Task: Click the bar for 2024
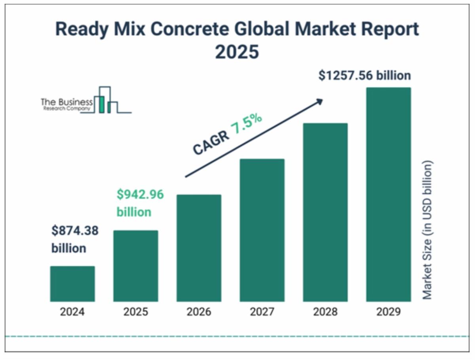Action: tap(72, 284)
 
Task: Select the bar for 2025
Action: tap(135, 266)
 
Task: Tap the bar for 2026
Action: tap(199, 248)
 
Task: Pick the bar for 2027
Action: tap(262, 230)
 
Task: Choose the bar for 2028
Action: tap(325, 212)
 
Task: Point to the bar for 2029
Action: tap(388, 195)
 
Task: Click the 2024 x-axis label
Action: tap(72, 312)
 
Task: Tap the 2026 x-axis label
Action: tap(199, 312)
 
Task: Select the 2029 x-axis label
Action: tap(388, 312)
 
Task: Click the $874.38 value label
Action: tap(75, 231)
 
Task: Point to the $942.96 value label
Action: tap(140, 195)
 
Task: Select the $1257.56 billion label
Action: tap(364, 75)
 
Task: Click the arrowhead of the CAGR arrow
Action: tap(319, 101)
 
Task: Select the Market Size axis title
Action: tap(427, 229)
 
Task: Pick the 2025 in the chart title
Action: tap(237, 52)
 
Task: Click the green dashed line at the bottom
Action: tap(237, 337)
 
